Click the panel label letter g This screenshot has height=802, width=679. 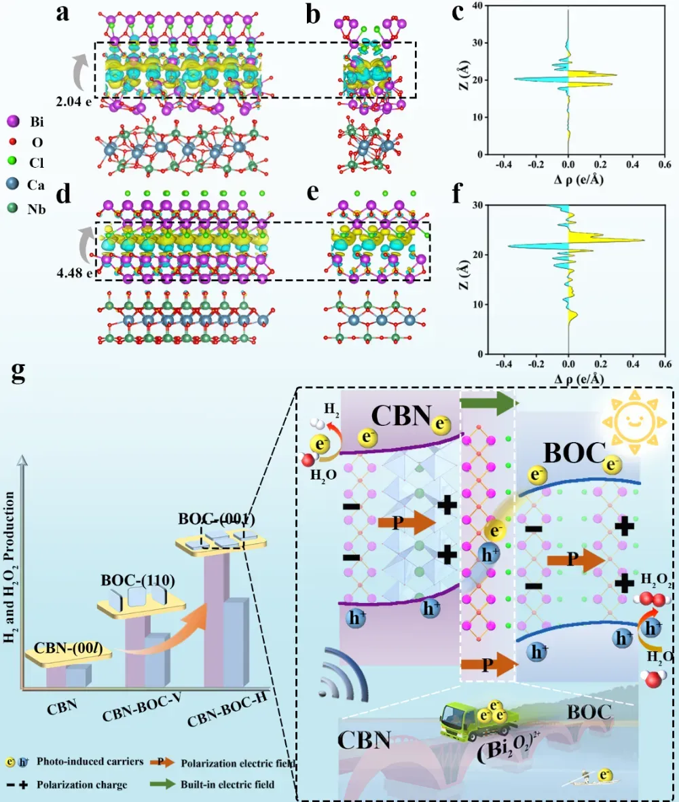pos(19,372)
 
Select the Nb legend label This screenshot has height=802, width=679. pos(36,210)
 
